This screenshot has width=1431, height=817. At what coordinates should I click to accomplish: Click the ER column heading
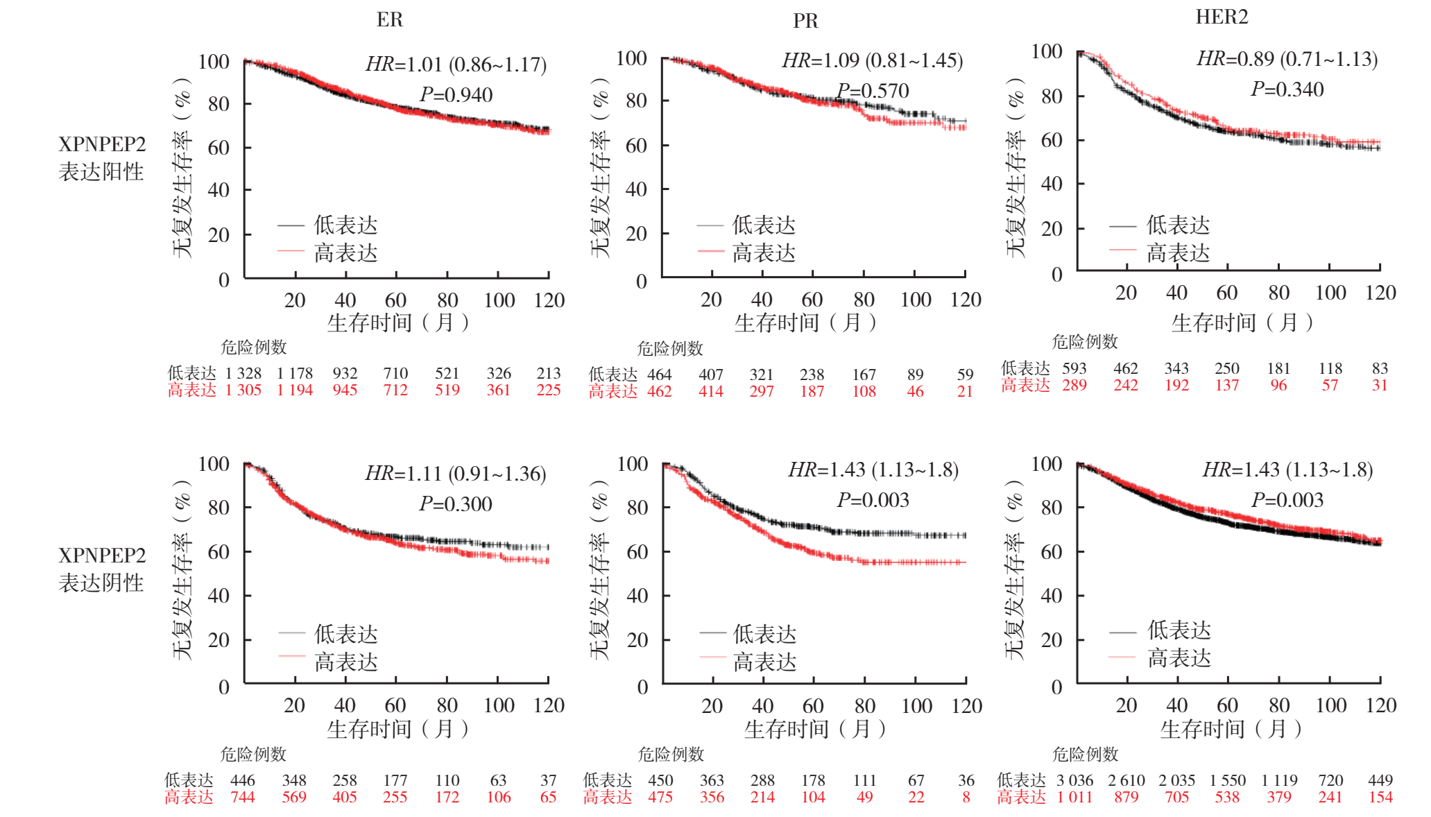389,19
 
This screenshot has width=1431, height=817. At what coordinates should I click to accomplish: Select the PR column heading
805,21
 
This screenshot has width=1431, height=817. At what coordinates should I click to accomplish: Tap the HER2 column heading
1222,17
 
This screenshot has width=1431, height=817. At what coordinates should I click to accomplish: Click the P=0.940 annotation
456,95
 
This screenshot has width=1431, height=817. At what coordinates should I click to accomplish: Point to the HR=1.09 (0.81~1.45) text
873,61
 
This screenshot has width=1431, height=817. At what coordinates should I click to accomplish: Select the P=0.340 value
1287,89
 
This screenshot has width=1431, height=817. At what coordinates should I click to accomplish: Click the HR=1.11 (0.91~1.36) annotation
456,474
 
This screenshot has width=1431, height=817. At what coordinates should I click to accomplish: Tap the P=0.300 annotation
456,504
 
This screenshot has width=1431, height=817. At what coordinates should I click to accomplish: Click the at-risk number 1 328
243,373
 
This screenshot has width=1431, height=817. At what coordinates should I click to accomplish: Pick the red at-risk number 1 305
243,390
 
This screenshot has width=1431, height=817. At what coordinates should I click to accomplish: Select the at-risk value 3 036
1074,780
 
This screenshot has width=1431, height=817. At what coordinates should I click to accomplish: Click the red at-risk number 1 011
1074,797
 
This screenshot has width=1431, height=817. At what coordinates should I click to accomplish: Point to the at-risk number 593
1074,368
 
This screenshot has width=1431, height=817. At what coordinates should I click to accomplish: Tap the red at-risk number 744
243,797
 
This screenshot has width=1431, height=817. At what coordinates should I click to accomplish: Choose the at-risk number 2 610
1126,780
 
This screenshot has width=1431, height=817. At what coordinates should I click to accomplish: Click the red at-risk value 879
1126,797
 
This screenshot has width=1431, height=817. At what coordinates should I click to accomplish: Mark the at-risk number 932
345,373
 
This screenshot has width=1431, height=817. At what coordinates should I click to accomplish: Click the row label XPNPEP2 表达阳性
102,157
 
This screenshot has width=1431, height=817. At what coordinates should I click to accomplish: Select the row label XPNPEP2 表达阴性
102,569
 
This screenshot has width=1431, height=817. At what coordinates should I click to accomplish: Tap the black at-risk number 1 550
1227,780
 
